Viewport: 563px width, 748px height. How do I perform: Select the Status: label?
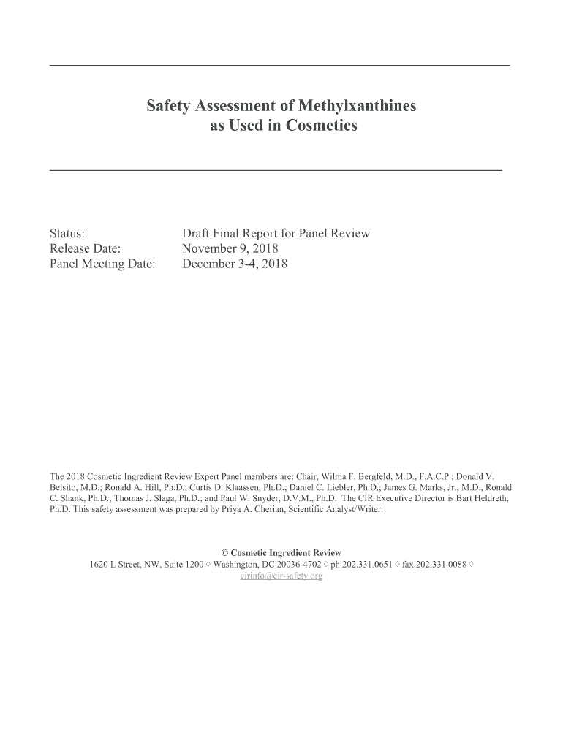click(67, 234)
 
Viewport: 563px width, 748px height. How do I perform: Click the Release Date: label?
click(85, 249)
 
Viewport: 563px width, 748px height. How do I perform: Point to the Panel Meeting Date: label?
click(102, 264)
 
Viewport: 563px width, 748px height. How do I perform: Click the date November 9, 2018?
click(230, 249)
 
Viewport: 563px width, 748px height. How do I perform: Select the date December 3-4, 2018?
click(235, 264)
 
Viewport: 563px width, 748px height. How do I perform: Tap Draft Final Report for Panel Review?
click(276, 234)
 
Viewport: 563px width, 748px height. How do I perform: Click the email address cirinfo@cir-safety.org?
click(281, 576)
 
